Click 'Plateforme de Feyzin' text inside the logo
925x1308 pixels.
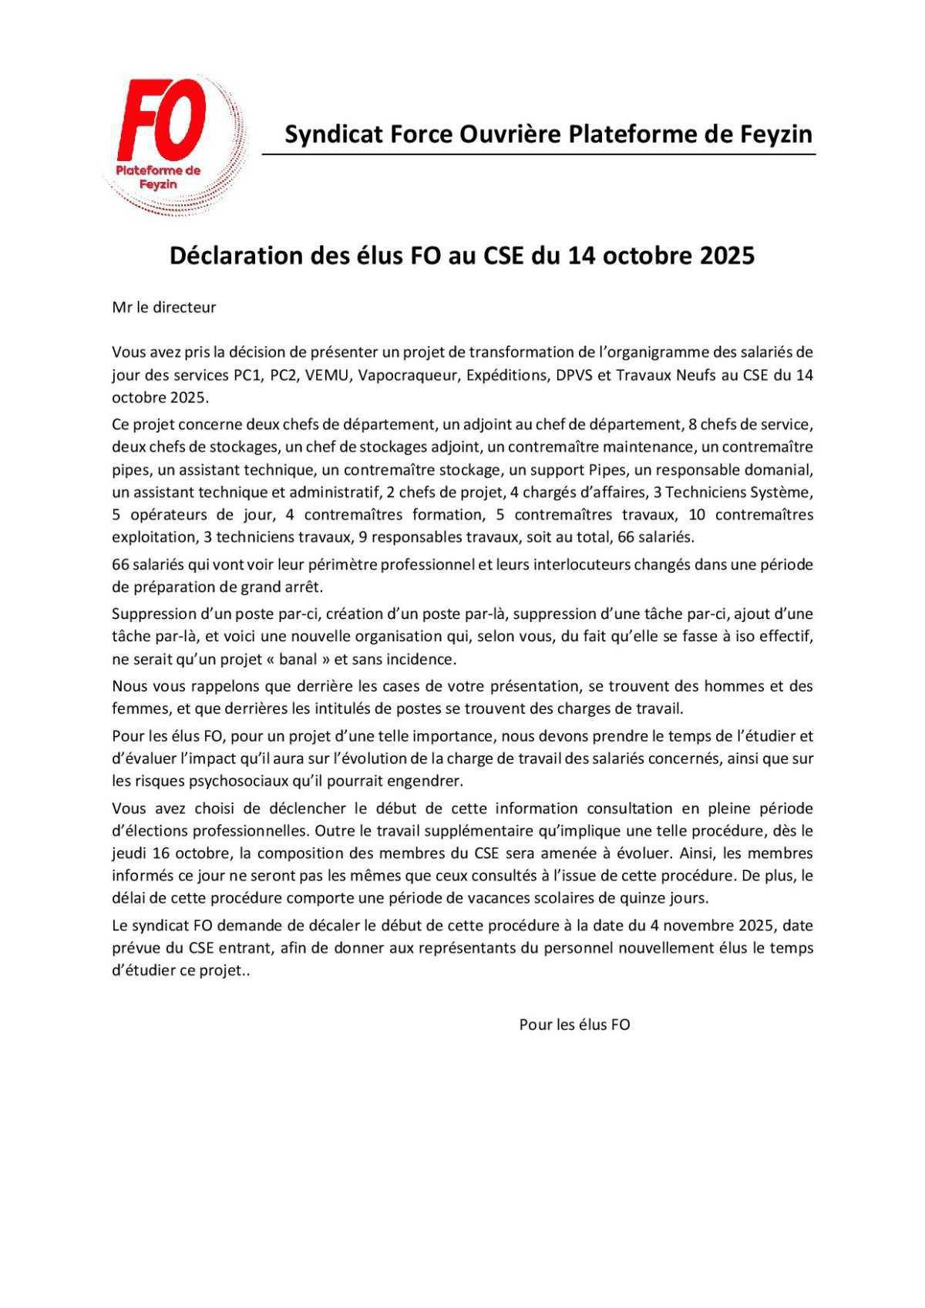tap(158, 177)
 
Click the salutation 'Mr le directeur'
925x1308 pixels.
tap(164, 308)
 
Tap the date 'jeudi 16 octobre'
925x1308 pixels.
tap(171, 853)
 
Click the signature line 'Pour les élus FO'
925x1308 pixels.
tap(574, 1025)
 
